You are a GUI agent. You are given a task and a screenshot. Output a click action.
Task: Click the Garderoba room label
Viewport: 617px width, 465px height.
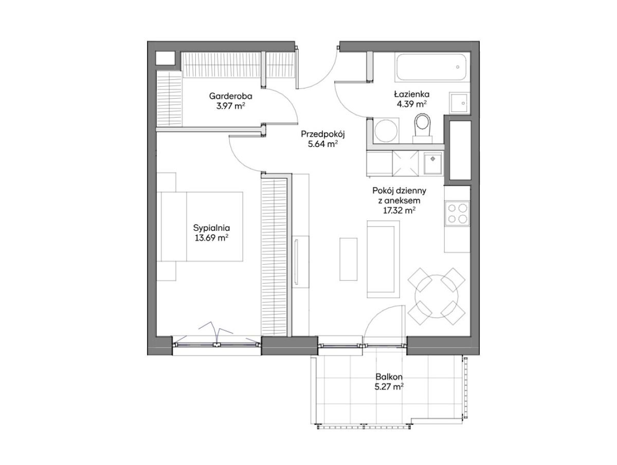coord(230,96)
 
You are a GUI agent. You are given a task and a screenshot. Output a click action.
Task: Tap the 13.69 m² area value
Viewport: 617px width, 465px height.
coord(211,238)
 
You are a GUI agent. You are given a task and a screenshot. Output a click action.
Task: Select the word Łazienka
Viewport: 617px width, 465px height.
coord(411,94)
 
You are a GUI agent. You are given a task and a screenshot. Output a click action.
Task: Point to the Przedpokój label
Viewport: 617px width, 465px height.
coord(323,134)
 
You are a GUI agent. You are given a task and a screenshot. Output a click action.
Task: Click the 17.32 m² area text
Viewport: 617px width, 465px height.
coord(399,211)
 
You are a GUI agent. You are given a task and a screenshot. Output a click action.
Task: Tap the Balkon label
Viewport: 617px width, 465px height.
coord(389,377)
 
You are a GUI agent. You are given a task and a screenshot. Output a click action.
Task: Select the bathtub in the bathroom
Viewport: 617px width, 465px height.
coord(431,67)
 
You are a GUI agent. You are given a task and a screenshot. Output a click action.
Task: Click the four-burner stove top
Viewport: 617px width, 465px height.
coord(457,213)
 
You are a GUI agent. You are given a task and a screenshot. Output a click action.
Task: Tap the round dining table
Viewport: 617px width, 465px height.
coord(436,296)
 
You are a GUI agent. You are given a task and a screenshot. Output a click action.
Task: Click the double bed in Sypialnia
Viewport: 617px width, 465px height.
coord(199,227)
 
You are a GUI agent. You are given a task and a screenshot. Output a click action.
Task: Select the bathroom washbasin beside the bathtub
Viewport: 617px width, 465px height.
coord(459,103)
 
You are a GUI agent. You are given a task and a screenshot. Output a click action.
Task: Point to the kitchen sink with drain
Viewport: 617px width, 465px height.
coord(433,164)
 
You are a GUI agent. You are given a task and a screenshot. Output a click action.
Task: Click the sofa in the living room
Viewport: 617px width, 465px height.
coord(383,259)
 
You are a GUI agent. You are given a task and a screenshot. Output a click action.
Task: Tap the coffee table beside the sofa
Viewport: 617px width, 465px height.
coord(348,259)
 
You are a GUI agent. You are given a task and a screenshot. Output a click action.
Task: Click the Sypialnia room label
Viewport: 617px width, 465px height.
coord(211,228)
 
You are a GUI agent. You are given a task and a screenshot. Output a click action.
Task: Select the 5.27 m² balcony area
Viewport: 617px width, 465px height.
coord(389,387)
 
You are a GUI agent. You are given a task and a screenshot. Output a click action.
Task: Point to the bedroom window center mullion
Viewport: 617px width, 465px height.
coord(216,345)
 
